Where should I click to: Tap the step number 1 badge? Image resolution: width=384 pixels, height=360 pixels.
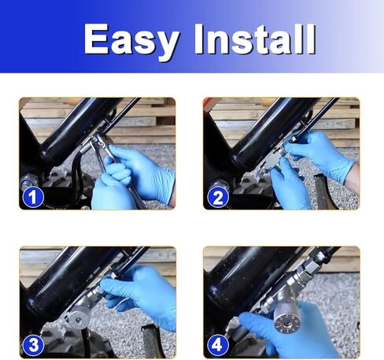(32, 196)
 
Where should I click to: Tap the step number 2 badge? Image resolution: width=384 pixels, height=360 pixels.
(217, 196)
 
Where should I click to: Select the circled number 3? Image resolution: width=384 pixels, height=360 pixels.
(32, 344)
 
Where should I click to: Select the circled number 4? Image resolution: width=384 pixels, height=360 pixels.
(217, 344)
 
